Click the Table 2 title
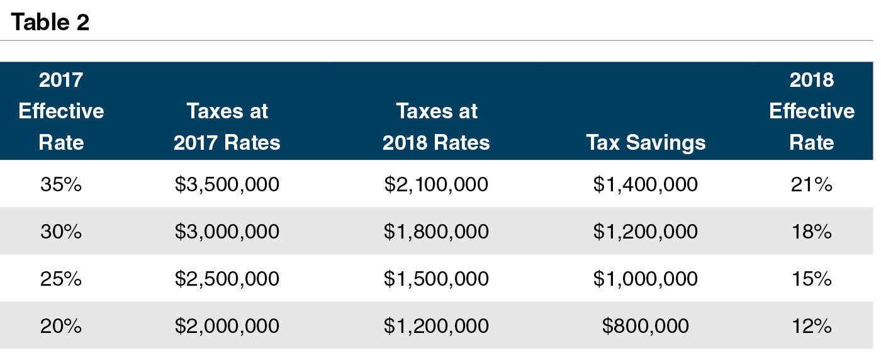pos(50,23)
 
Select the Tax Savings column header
pos(646,142)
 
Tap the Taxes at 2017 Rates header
pos(227,127)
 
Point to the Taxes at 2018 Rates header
pos(436,127)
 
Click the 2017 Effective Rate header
pos(61,111)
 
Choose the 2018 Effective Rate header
pos(812,111)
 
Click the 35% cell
pos(61,184)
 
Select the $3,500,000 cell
pos(227,184)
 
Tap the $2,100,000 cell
pos(436,184)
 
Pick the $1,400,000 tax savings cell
pos(646,184)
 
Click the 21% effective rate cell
pos(812,184)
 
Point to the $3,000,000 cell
pos(227,232)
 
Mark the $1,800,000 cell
pos(436,232)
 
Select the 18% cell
pos(812,232)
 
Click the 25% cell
pos(61,279)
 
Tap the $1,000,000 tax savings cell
pos(646,279)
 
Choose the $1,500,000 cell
pos(436,279)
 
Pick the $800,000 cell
pos(646,326)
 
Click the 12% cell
pos(812,326)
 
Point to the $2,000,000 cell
pos(227,326)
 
